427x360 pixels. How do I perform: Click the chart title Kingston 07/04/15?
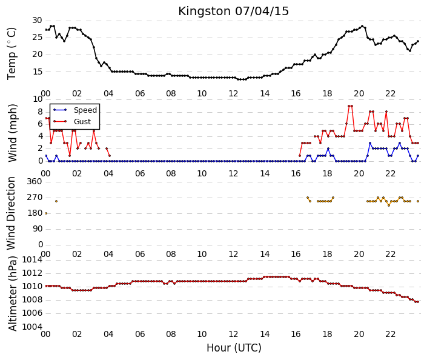coord(233,12)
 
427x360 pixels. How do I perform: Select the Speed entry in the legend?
coord(85,110)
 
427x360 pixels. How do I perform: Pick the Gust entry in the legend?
coord(82,122)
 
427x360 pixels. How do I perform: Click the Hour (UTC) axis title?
coord(234,348)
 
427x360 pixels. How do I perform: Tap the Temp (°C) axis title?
coord(12,54)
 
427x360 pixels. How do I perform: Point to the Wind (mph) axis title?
coord(12,133)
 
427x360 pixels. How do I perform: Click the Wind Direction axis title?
coord(11,213)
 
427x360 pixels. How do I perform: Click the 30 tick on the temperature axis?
coord(37,21)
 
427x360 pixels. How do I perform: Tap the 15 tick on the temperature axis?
coord(37,72)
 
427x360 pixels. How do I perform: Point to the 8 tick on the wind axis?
coord(41,112)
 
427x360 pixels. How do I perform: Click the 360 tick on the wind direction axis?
coord(35,181)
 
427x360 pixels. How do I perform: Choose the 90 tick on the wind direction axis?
coord(37,229)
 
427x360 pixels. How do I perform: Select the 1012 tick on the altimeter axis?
coord(32,273)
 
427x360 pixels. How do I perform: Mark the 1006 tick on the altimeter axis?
coord(32,313)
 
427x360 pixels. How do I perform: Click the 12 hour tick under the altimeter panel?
coord(233,334)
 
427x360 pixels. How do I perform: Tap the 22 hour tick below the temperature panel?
coord(390,94)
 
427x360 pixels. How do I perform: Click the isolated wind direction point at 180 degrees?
coord(46,213)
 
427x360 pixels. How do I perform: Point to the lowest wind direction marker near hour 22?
coord(389,205)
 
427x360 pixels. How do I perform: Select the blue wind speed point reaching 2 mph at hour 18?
coord(328,148)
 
